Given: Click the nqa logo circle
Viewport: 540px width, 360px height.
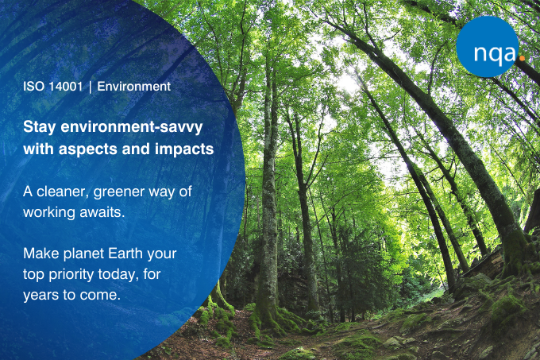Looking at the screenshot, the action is (488, 47).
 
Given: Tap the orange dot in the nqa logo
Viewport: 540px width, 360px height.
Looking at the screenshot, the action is (522, 59).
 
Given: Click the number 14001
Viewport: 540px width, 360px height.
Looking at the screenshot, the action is (65, 87).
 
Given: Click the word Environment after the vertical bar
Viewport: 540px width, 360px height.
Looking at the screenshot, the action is (134, 87).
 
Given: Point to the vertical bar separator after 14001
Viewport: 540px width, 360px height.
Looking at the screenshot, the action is (91, 87).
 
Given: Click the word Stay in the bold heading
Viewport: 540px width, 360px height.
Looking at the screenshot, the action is (39, 127).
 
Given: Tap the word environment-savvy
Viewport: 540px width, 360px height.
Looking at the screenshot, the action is (132, 127).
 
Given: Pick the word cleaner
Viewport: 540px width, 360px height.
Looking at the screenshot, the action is (62, 192).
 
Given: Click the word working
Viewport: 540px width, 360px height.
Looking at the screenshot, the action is (49, 213).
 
